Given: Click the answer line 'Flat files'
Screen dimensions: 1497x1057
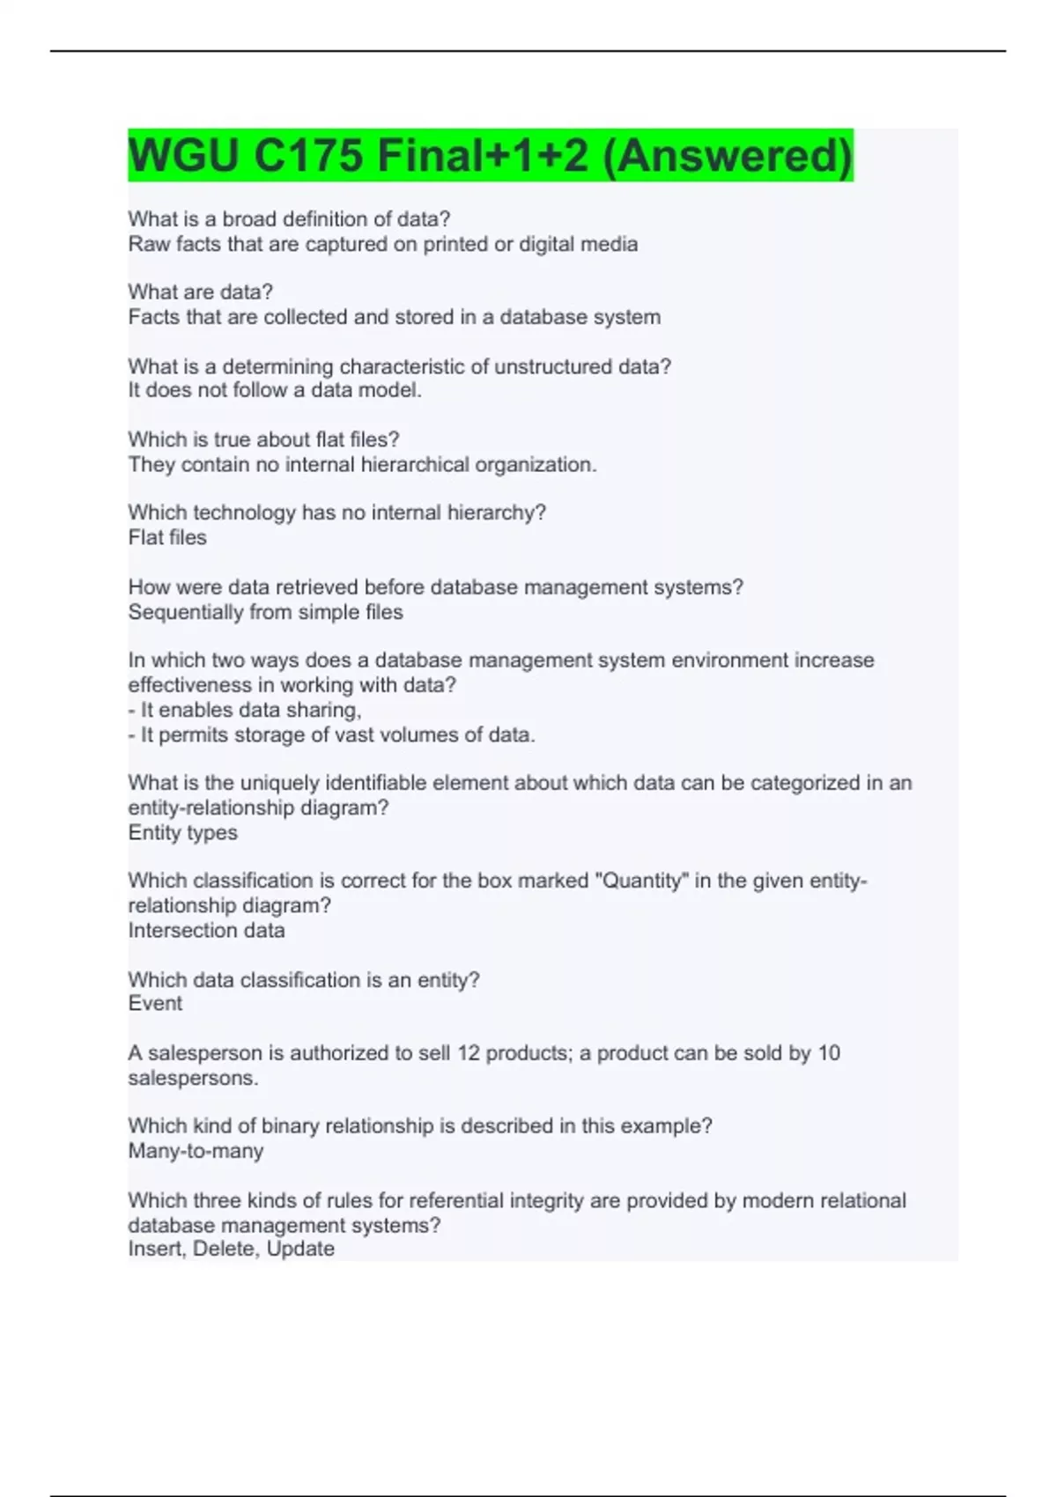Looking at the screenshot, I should pyautogui.click(x=167, y=537).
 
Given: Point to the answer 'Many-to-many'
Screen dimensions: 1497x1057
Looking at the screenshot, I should pyautogui.click(x=196, y=1151).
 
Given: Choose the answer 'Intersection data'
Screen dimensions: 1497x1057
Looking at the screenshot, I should pyautogui.click(x=206, y=930).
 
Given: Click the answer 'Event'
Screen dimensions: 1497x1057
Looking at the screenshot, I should pyautogui.click(x=155, y=1003).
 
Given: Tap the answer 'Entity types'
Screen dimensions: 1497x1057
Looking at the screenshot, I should pyautogui.click(x=182, y=832).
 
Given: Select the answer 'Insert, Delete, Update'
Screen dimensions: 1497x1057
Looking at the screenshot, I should pyautogui.click(x=231, y=1249).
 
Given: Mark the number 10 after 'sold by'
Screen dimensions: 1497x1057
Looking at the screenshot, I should pyautogui.click(x=828, y=1053).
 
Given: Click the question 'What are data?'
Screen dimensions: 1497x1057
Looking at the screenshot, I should pyautogui.click(x=201, y=291).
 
